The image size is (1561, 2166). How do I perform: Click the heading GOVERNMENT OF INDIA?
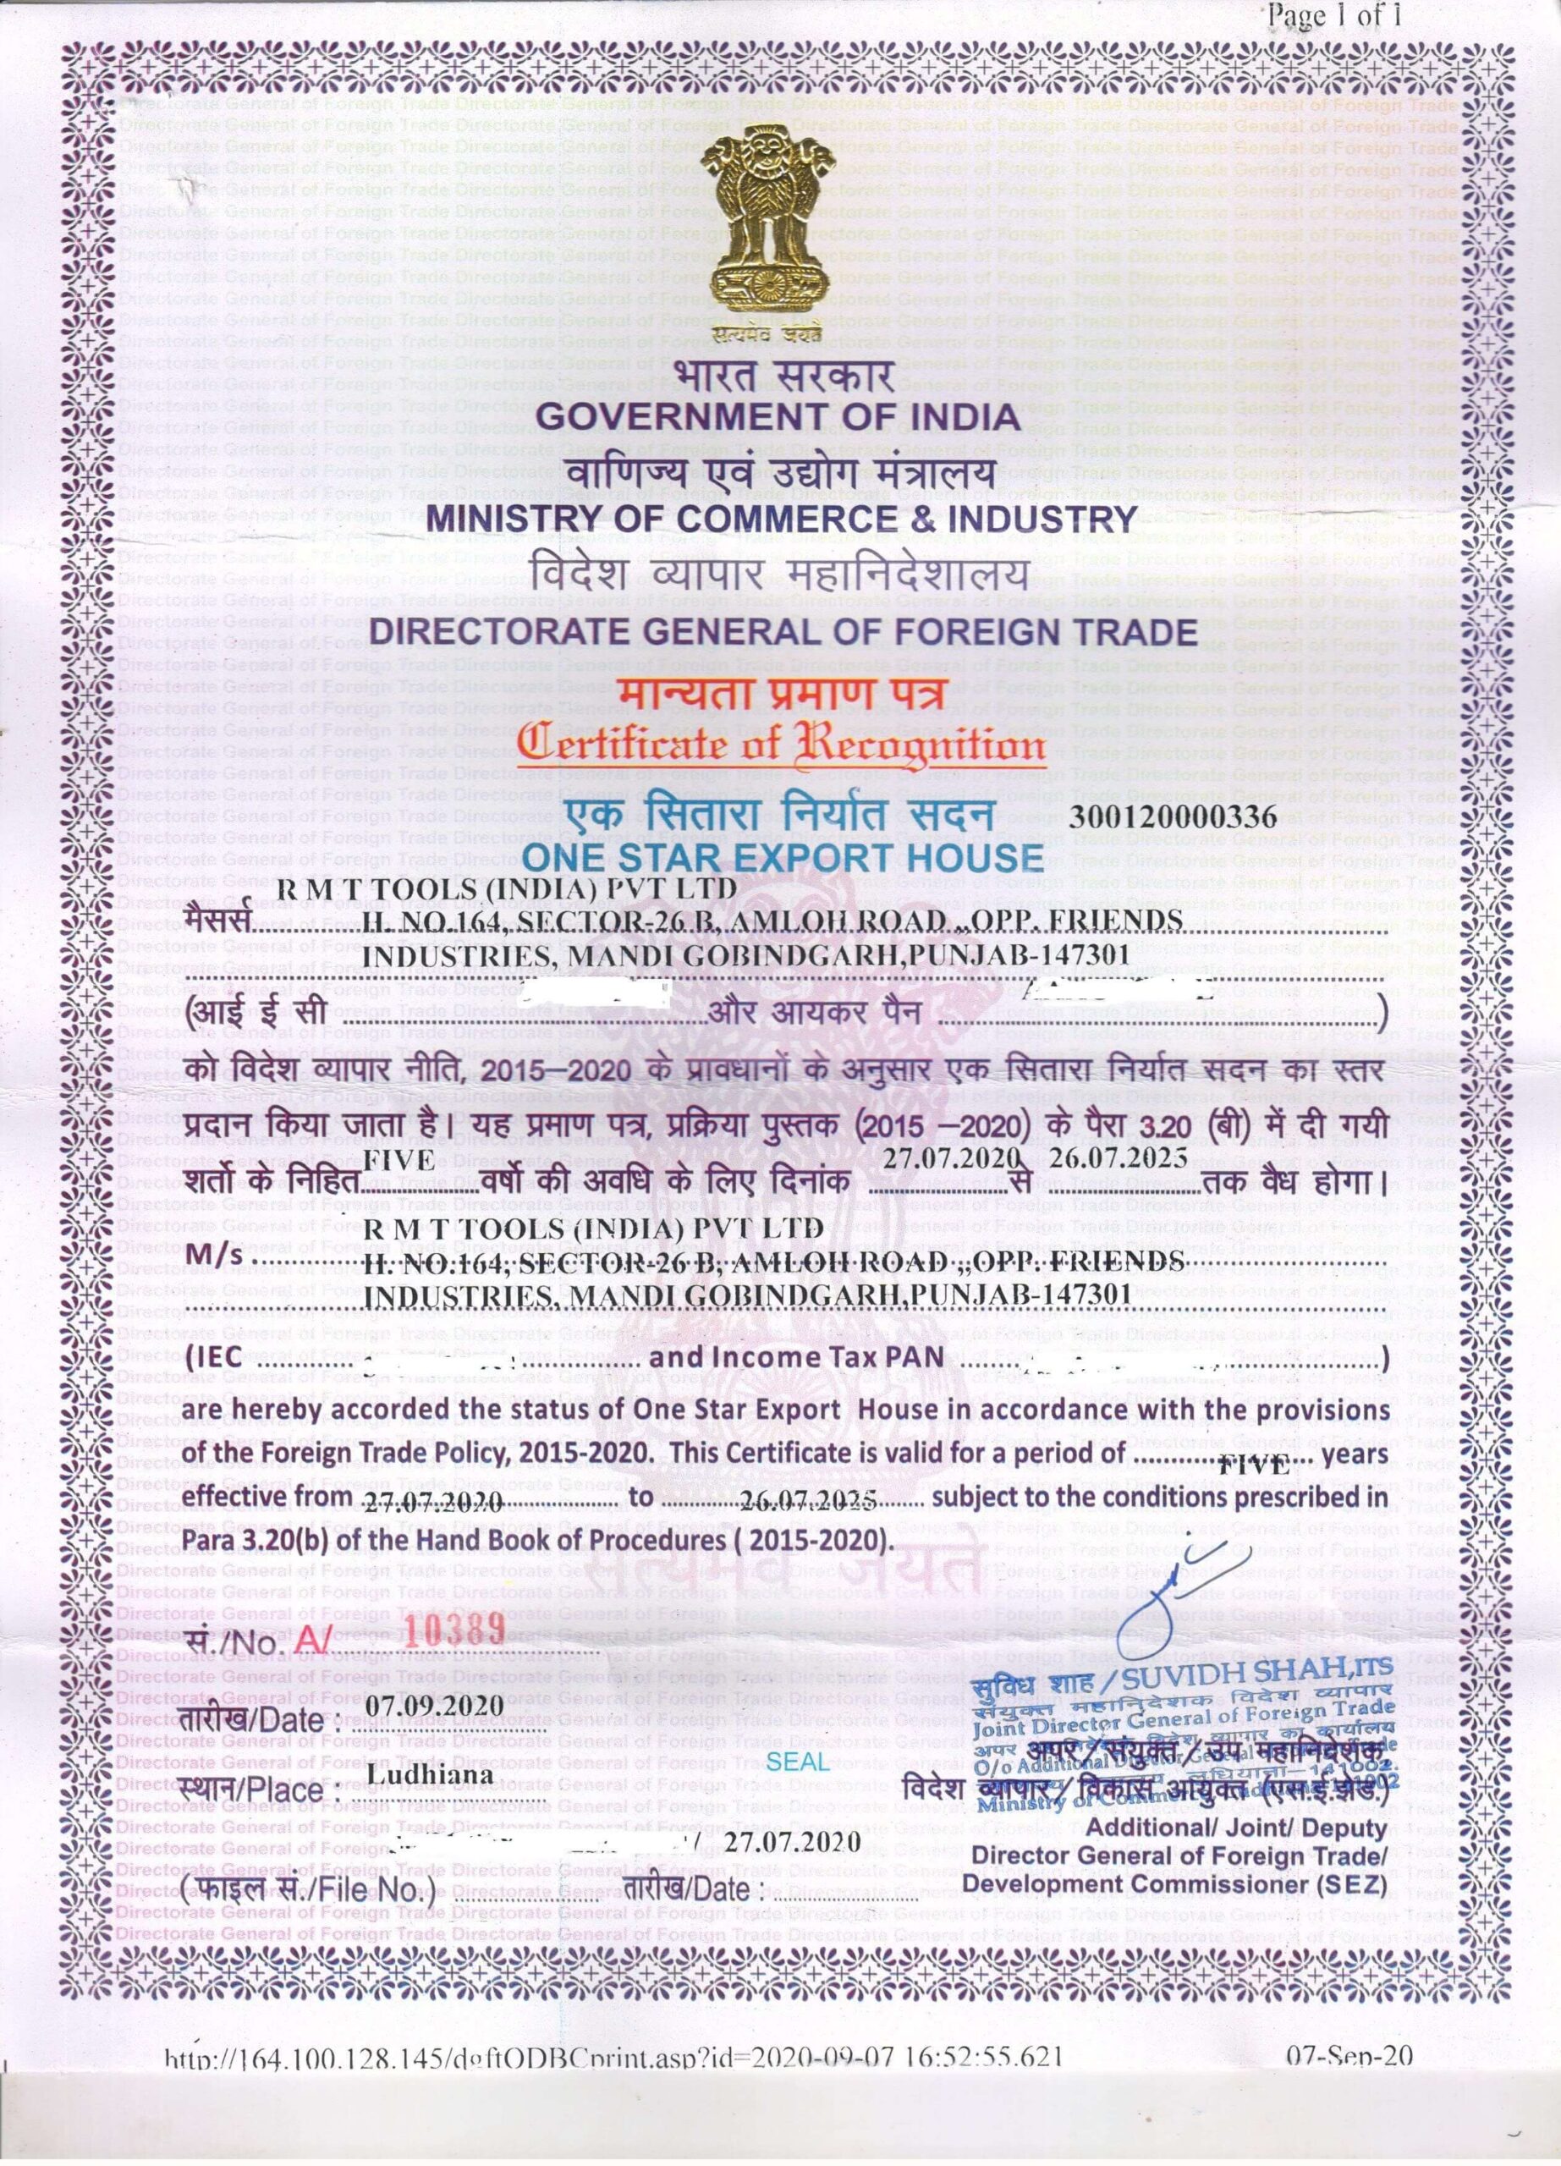pyautogui.click(x=778, y=417)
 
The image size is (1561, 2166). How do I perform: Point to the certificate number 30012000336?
pyautogui.click(x=1173, y=816)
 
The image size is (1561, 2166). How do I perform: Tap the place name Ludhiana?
pyautogui.click(x=430, y=1776)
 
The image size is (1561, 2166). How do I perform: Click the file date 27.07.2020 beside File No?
pyautogui.click(x=793, y=1842)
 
